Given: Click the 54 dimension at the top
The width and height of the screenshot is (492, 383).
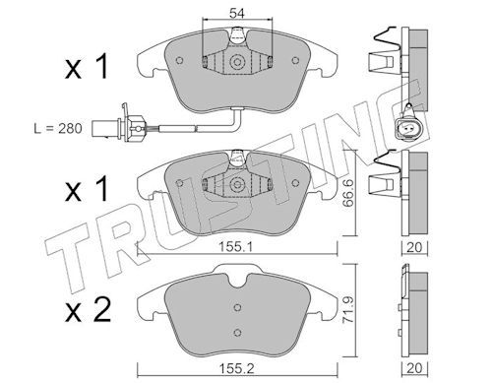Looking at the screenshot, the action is point(237,13).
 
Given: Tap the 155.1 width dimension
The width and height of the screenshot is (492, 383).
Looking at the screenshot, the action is point(235,247).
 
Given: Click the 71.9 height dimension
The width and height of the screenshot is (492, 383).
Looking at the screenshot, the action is point(348,309).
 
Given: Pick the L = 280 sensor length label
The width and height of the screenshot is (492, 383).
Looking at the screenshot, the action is point(58,128).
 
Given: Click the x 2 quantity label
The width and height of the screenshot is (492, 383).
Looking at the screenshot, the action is point(88,311).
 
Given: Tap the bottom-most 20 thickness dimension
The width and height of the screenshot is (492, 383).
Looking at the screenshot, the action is point(414,368).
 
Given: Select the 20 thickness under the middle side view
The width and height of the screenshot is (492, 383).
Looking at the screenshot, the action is point(414,247).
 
